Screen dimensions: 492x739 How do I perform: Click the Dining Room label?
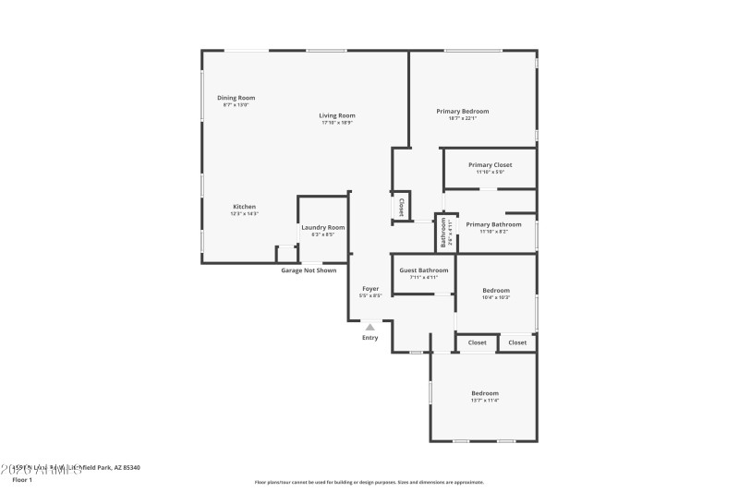[x=236, y=98]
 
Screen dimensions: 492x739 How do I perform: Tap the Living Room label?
[x=337, y=115]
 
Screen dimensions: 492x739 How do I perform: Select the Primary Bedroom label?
[x=462, y=111]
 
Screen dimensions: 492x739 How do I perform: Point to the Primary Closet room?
[x=490, y=165]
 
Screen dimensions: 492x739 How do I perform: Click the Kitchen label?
[x=244, y=207]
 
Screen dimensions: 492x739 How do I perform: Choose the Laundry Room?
[x=322, y=227]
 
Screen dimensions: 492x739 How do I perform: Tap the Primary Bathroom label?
[x=493, y=224]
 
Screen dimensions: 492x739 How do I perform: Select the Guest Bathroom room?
[x=423, y=270]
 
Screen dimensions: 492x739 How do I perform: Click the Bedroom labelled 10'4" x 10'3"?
[x=496, y=291]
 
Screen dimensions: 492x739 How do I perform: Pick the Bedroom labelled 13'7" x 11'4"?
[x=485, y=393]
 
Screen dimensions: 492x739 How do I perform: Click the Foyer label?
[x=369, y=289]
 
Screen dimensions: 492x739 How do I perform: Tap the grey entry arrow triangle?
[x=369, y=326]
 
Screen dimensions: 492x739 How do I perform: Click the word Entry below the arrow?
[x=369, y=338]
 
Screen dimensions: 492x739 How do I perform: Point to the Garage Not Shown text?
[x=309, y=270]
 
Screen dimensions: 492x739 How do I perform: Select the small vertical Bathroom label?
[x=443, y=233]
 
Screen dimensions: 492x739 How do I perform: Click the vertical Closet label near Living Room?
[x=402, y=207]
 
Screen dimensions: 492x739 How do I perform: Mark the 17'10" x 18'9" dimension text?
[x=337, y=123]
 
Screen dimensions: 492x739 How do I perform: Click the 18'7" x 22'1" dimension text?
[x=462, y=118]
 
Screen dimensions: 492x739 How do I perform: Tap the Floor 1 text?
[x=21, y=480]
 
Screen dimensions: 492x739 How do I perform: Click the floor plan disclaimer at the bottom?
[x=369, y=482]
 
